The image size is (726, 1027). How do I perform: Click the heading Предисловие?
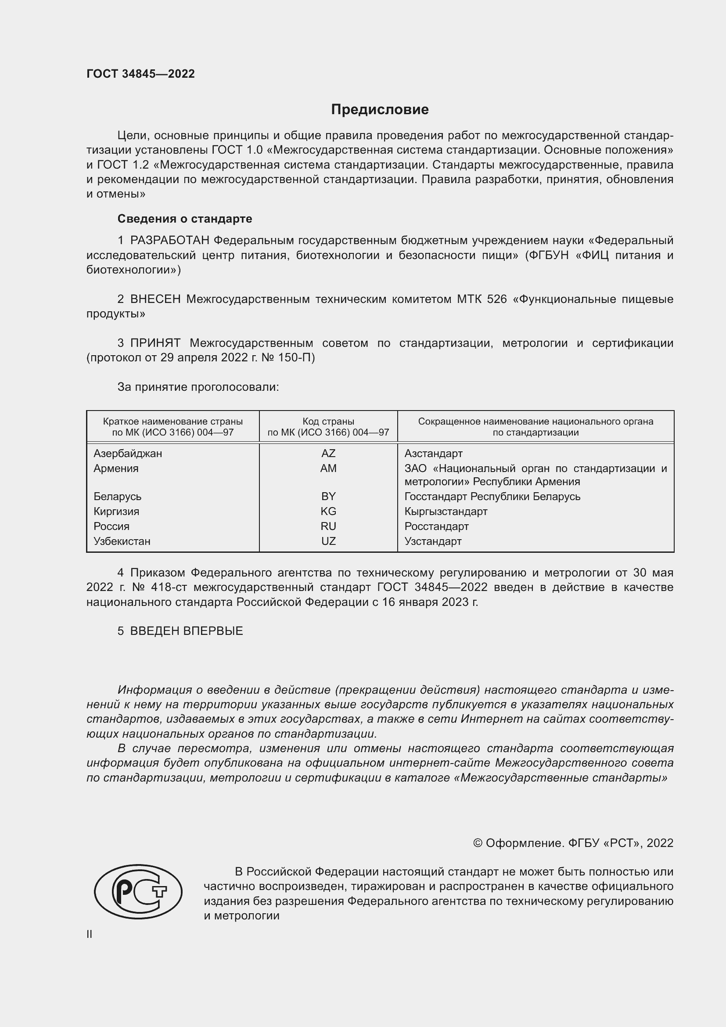point(380,110)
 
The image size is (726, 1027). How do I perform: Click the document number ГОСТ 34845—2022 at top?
point(140,74)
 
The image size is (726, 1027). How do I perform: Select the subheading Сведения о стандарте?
point(185,219)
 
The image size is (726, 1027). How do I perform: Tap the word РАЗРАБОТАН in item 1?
point(169,241)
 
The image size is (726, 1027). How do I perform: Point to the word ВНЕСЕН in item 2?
point(155,299)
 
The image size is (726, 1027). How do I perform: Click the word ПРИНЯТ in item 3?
point(155,343)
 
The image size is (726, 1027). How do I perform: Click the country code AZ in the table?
point(328,454)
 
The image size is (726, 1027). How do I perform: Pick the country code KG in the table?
point(328,511)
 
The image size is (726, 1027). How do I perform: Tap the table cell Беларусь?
point(117,497)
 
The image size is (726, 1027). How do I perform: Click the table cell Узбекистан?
point(122,541)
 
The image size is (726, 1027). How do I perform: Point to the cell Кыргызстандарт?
point(446,511)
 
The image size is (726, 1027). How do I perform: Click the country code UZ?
point(328,541)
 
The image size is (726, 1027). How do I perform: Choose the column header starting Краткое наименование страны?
point(173,427)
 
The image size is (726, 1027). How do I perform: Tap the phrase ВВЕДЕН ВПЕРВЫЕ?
point(187,631)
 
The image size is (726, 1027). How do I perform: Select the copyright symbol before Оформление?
point(478,843)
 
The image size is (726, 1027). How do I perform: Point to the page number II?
point(90,934)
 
